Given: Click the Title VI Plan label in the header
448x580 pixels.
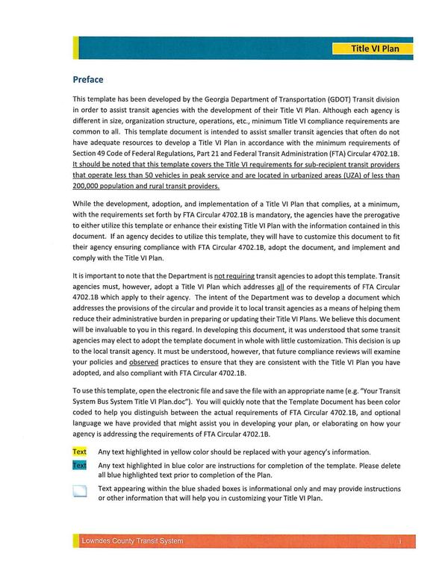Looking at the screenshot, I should point(375,49).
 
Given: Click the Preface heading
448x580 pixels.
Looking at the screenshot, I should point(87,80).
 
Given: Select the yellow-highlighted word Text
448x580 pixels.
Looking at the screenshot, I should point(79,452).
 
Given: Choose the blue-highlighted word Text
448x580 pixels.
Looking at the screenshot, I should point(79,466).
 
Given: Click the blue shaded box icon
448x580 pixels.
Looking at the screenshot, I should point(80,491).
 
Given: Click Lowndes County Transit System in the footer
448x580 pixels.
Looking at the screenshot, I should point(131,541).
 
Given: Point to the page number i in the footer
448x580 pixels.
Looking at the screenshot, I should point(400,541).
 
